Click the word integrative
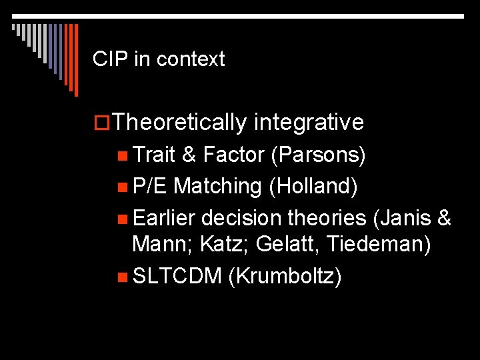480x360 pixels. click(309, 123)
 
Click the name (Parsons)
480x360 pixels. click(318, 155)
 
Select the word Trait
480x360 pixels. click(155, 155)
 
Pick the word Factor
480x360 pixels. click(234, 155)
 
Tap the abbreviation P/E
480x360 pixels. click(150, 187)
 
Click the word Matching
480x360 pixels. click(217, 187)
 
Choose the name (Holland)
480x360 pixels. click(313, 187)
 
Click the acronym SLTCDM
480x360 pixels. click(177, 275)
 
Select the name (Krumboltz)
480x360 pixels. click(285, 275)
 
